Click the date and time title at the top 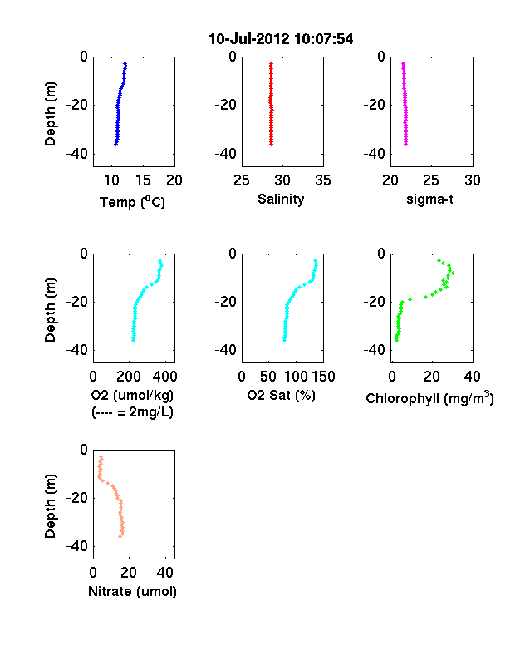pyautogui.click(x=281, y=39)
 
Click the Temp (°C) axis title pyautogui.click(x=132, y=202)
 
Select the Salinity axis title pyautogui.click(x=281, y=199)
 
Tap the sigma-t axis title pyautogui.click(x=429, y=199)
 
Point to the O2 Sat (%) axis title pyautogui.click(x=282, y=395)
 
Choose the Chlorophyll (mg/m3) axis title pyautogui.click(x=429, y=398)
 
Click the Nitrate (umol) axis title pyautogui.click(x=132, y=592)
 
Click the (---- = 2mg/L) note pyautogui.click(x=132, y=412)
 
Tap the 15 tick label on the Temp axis pyautogui.click(x=143, y=180)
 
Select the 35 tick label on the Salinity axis pyautogui.click(x=323, y=180)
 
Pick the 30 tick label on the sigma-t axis pyautogui.click(x=473, y=180)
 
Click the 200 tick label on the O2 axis pyautogui.click(x=129, y=377)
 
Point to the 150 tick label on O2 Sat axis pyautogui.click(x=323, y=377)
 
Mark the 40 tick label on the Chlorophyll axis pyautogui.click(x=472, y=377)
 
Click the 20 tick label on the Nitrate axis pyautogui.click(x=129, y=572)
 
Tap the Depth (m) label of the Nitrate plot pyautogui.click(x=50, y=506)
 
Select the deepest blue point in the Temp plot pyautogui.click(x=115, y=144)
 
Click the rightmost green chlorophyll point pyautogui.click(x=454, y=273)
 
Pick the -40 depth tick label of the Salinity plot pyautogui.click(x=226, y=154)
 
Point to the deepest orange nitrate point pyautogui.click(x=120, y=536)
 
